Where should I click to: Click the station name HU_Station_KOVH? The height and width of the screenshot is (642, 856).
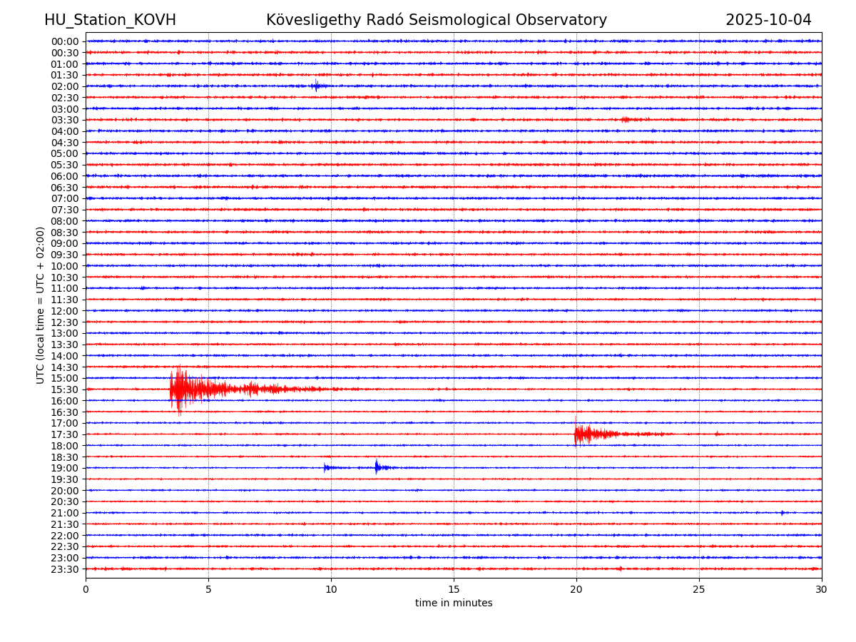click(110, 20)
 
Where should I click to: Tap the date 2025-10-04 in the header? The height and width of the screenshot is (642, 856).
click(768, 20)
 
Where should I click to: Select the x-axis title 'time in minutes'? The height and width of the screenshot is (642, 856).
click(454, 603)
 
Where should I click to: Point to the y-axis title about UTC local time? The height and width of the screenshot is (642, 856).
click(41, 305)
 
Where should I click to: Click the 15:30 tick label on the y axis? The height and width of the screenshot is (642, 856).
click(64, 389)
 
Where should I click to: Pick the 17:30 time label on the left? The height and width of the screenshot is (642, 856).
click(64, 434)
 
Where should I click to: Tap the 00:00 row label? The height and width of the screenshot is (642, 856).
click(64, 41)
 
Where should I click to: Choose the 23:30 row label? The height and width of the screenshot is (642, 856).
click(64, 569)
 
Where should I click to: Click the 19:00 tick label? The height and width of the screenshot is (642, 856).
click(64, 468)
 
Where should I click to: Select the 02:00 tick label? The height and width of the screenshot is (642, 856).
click(64, 86)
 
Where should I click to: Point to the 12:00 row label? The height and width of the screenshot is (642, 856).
click(64, 311)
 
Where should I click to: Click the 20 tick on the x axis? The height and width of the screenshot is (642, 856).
click(576, 589)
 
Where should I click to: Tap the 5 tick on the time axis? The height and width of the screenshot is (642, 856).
click(208, 589)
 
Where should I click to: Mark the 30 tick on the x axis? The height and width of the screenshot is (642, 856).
click(822, 589)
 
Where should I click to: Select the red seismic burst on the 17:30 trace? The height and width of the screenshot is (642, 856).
click(585, 434)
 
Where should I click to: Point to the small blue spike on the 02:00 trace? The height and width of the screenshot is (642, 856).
click(316, 86)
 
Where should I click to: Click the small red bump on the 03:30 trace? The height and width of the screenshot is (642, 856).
click(626, 120)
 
